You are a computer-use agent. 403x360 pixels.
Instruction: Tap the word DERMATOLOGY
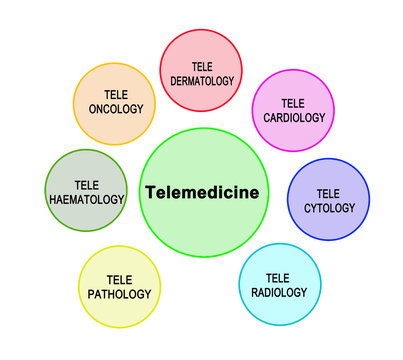[201, 80]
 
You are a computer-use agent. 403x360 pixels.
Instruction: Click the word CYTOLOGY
[328, 207]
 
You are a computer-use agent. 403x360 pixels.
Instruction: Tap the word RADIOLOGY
[280, 291]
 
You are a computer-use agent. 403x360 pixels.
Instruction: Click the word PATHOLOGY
[119, 294]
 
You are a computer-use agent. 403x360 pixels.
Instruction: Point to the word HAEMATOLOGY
[86, 199]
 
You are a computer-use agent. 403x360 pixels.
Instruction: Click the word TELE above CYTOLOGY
[328, 193]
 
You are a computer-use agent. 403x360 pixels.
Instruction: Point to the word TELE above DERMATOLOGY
[201, 66]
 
